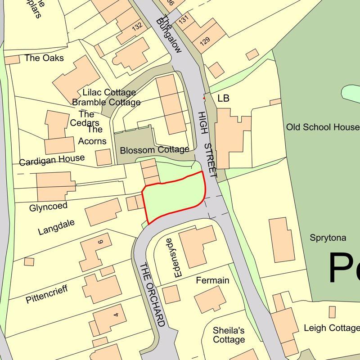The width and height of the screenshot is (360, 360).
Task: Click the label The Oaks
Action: click(44, 58)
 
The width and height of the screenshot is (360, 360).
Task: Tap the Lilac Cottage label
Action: click(109, 93)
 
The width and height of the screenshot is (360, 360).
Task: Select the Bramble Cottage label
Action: click(107, 102)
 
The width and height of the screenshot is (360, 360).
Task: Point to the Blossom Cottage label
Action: click(154, 150)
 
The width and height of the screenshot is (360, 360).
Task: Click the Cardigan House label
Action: click(52, 159)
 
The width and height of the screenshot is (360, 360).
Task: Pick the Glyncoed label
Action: click(48, 207)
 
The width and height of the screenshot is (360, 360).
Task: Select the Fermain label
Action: click(212, 281)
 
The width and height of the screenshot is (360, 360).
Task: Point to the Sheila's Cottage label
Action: click(229, 335)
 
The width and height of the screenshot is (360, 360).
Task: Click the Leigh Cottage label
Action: click(331, 328)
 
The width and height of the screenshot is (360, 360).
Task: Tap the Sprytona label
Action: click(328, 238)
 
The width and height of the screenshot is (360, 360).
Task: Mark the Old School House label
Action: click(323, 127)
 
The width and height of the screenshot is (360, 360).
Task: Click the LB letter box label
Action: click(223, 99)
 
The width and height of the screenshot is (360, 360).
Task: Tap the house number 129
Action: click(205, 41)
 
